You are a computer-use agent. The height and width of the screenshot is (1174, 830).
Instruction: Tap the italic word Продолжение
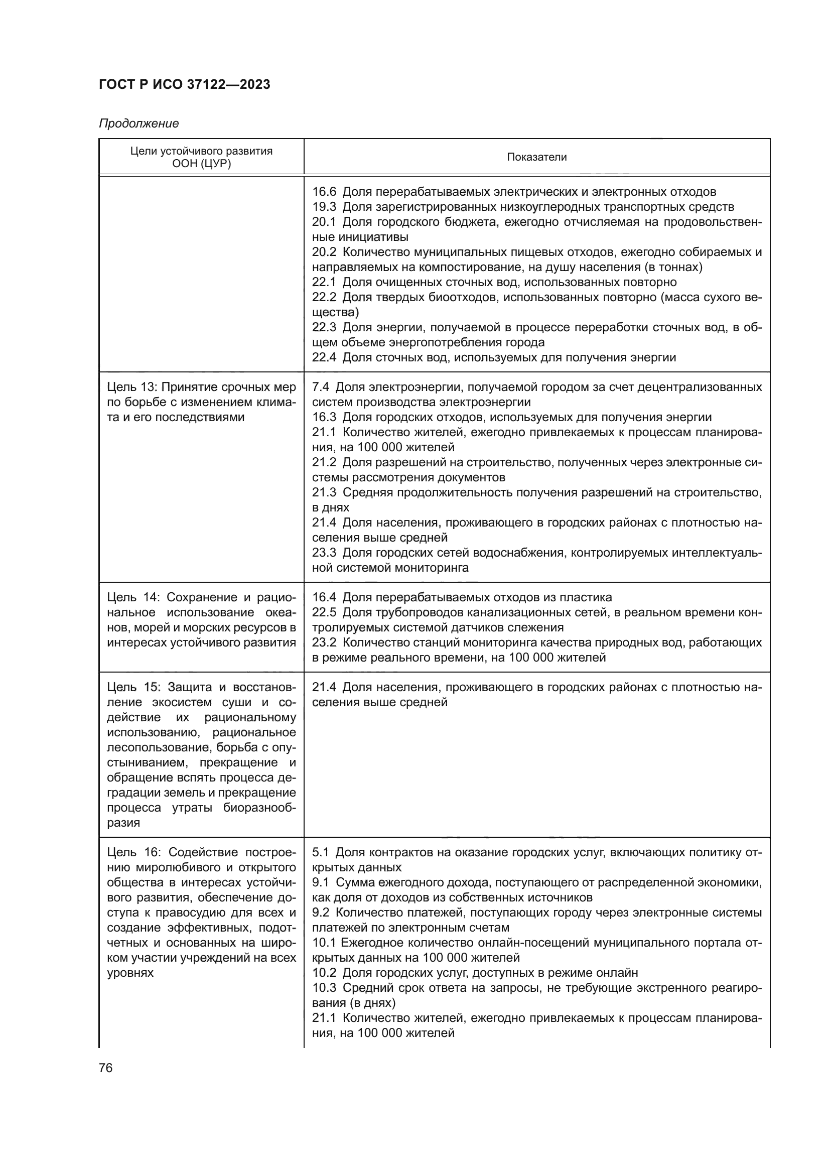pos(139,124)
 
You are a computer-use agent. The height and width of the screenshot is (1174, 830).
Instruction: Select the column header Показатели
pos(536,157)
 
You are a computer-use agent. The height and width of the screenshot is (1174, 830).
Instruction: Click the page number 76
pos(106,1068)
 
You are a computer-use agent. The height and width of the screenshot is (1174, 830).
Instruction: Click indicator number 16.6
pos(324,192)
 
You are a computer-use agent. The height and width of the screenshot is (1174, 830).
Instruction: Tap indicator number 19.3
pos(324,207)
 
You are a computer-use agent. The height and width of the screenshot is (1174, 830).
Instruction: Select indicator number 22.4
pos(324,357)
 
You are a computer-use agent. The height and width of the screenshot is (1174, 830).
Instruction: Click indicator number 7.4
pos(321,387)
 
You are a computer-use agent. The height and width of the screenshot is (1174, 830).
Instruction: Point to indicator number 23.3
pos(324,553)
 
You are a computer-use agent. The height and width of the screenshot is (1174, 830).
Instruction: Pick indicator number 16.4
pos(324,597)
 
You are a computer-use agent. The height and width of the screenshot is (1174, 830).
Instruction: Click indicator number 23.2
pos(324,642)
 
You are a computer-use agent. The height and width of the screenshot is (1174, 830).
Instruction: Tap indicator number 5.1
pos(321,852)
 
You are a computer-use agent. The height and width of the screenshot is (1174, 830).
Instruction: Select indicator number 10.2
pos(324,973)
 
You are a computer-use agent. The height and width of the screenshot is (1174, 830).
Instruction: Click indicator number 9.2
pos(321,912)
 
